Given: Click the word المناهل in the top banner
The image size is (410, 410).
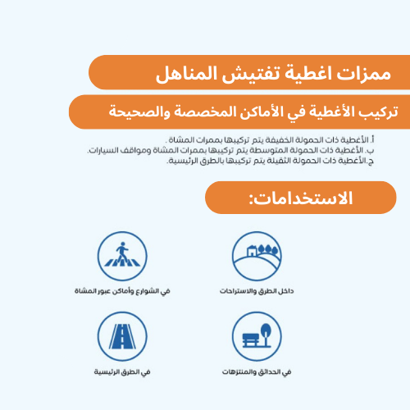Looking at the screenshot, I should (x=187, y=75).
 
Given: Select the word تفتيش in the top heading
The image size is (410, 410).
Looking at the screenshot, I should (x=247, y=75).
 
